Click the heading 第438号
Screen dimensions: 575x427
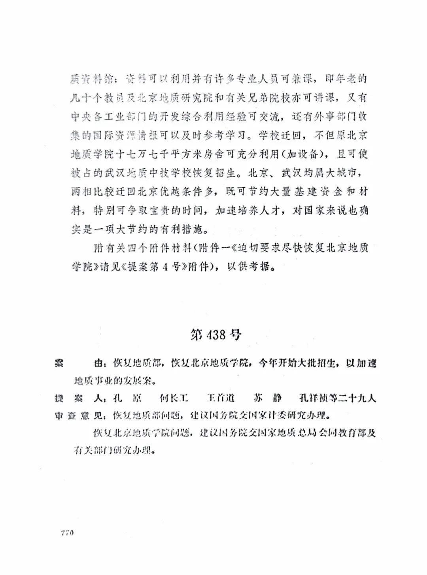pos(216,335)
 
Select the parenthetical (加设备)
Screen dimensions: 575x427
pos(301,154)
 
